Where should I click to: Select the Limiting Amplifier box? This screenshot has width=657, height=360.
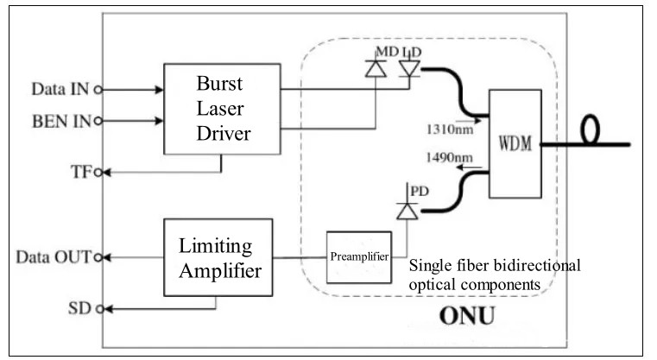[x=221, y=256]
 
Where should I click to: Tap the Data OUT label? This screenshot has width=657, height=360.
[x=54, y=256]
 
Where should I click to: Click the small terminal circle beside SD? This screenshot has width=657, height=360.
[x=101, y=308]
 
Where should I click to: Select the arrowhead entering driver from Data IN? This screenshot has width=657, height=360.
[x=159, y=88]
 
